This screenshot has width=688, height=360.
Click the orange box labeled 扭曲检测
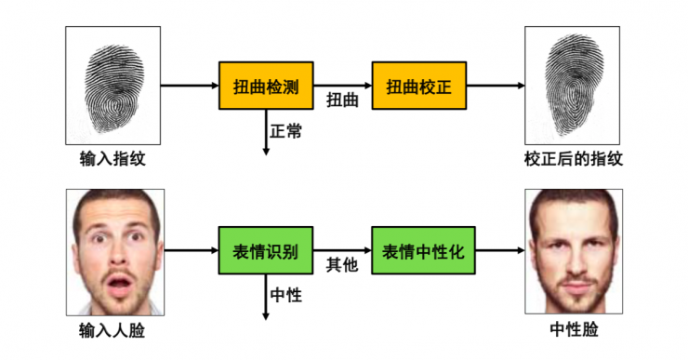(266, 87)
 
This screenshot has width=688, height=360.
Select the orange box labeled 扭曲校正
(418, 87)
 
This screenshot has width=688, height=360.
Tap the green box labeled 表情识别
(266, 251)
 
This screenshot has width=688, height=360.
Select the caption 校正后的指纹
(573, 159)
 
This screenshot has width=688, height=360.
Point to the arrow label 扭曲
(342, 100)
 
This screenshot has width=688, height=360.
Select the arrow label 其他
(342, 266)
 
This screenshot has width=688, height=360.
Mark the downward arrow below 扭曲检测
(266, 130)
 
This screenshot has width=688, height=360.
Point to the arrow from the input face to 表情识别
(192, 251)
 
